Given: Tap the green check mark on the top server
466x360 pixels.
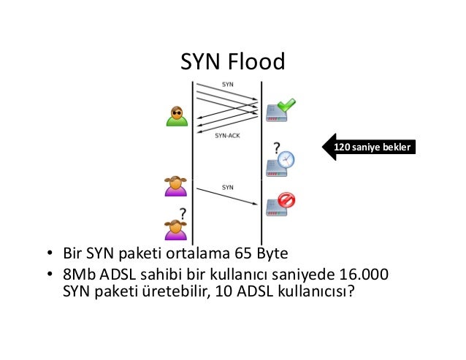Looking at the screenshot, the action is (x=286, y=105).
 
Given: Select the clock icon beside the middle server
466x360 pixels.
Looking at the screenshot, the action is (x=286, y=159).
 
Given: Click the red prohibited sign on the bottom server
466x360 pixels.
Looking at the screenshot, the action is (x=286, y=200).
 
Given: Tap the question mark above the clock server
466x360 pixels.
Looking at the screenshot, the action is (x=277, y=147).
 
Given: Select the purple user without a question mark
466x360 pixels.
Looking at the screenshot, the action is (x=175, y=186).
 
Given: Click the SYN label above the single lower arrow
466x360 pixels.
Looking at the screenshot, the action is (x=227, y=187).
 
